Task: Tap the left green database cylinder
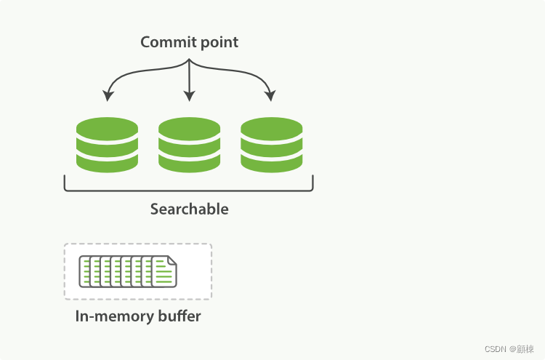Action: tap(107, 145)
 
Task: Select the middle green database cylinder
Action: tap(189, 145)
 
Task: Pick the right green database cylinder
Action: tap(272, 145)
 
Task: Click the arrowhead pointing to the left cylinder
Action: tap(108, 96)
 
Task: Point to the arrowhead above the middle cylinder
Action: tap(189, 96)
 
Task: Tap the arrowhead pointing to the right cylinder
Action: tap(271, 96)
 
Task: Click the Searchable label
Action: tap(189, 209)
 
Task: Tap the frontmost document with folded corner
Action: tap(163, 272)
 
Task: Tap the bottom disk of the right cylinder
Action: tap(272, 163)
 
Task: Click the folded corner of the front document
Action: tap(172, 260)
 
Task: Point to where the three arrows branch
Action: tap(189, 61)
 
